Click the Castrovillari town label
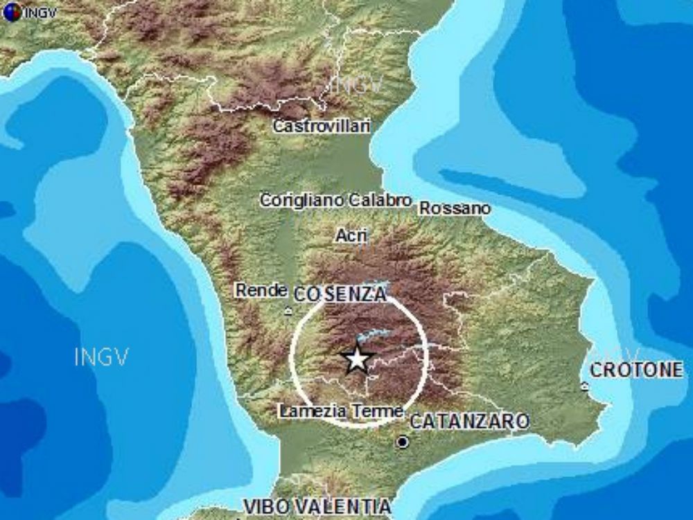click(322, 126)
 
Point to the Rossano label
click(455, 208)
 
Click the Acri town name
click(351, 235)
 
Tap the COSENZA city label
click(340, 294)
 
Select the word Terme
click(377, 411)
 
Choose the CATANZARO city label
click(470, 421)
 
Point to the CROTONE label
click(636, 370)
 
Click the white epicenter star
click(356, 359)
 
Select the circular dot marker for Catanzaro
click(402, 441)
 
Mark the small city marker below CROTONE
click(585, 386)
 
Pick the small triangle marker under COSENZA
click(288, 312)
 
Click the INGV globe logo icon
click(11, 12)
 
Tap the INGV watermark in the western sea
click(102, 357)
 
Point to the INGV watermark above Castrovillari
click(356, 86)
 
